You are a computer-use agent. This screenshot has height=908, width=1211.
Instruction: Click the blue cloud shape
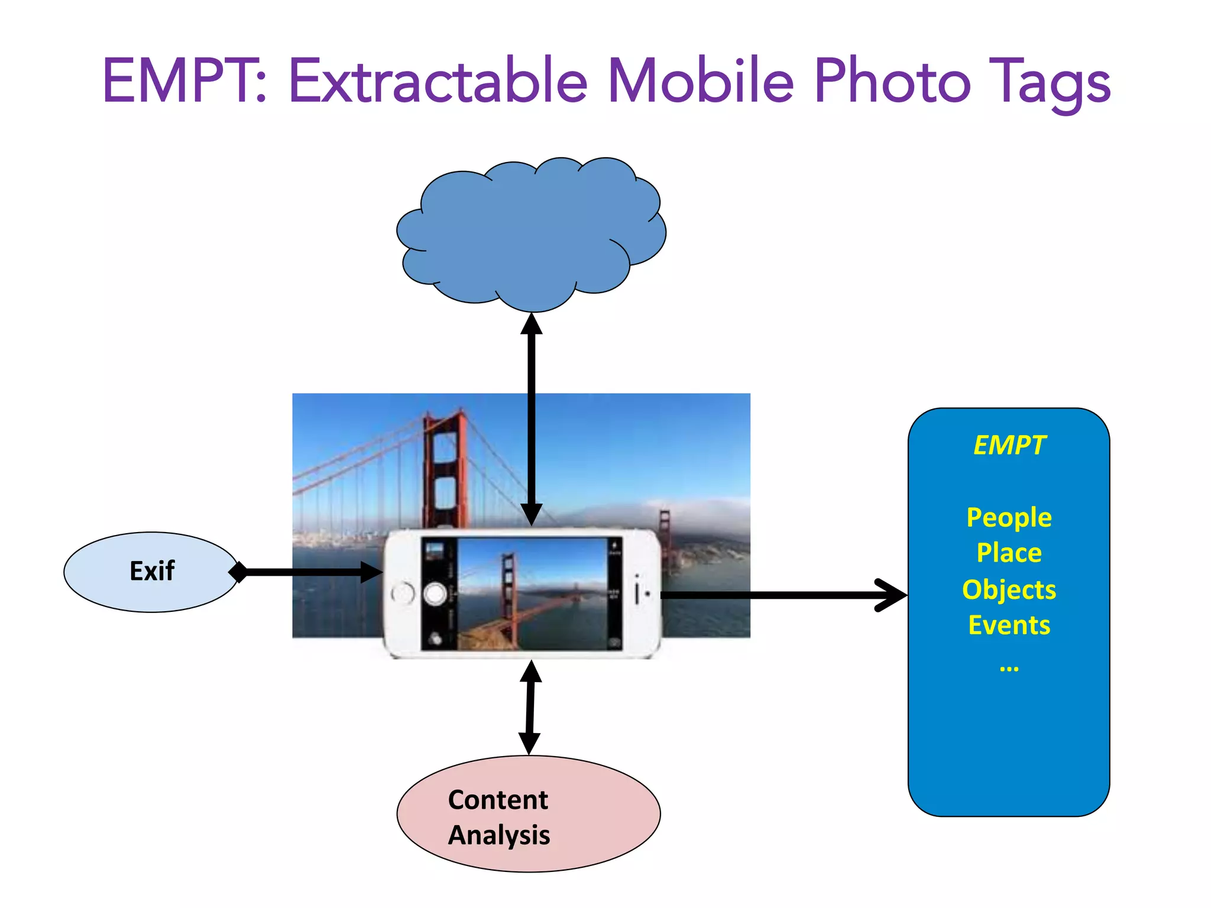click(x=531, y=234)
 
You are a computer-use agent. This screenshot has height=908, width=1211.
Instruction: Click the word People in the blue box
click(x=1009, y=518)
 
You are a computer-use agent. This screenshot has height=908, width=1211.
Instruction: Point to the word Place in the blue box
click(x=1009, y=553)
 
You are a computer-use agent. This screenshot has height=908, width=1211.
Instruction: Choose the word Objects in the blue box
click(x=1009, y=590)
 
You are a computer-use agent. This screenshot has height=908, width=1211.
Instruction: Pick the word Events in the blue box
click(x=1009, y=625)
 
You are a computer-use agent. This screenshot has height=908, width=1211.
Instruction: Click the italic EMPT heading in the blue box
click(x=1009, y=446)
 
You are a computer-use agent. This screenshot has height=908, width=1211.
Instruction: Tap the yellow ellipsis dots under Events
click(x=1009, y=669)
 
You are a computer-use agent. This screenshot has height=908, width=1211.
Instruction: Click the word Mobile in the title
click(x=701, y=81)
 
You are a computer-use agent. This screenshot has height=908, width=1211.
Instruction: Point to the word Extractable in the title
click(x=438, y=81)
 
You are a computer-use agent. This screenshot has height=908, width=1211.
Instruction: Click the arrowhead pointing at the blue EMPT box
click(x=893, y=595)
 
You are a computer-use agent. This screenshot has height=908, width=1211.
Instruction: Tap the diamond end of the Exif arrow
click(x=238, y=572)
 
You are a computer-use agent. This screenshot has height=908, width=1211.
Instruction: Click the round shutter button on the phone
click(x=435, y=594)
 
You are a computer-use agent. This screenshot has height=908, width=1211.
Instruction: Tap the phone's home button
click(x=403, y=593)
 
